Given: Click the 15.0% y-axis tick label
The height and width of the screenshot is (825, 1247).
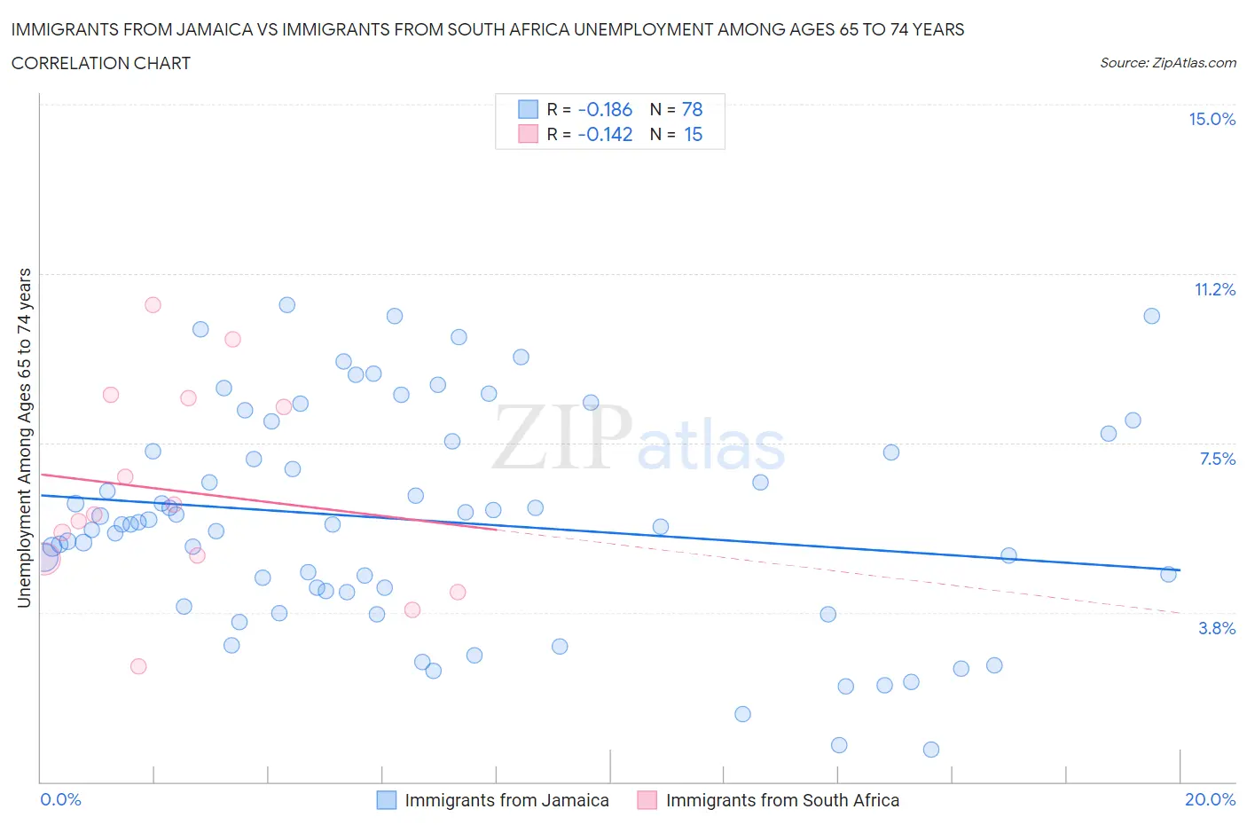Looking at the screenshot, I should [x=1212, y=120].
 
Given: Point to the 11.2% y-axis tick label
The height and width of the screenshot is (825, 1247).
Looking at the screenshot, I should [x=1214, y=290].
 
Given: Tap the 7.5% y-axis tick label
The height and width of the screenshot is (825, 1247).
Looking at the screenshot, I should [x=1217, y=460].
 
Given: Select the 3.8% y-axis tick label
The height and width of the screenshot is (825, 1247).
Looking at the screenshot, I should [x=1217, y=629].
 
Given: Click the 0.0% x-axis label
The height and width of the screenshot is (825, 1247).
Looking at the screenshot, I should [x=60, y=800].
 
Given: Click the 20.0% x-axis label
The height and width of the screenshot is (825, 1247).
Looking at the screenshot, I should [x=1210, y=800].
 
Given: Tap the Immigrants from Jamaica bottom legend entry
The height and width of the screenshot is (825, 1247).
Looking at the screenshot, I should [x=506, y=801].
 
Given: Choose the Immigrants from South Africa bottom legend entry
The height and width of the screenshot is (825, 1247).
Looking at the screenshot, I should [x=781, y=801].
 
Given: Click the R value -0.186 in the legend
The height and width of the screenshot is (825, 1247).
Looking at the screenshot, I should [x=605, y=110].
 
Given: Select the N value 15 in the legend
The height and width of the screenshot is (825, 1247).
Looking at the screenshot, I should [x=693, y=135].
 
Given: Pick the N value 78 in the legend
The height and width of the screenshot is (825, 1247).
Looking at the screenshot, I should [x=692, y=110].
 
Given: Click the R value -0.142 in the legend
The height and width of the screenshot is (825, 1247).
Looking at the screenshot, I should [x=605, y=135].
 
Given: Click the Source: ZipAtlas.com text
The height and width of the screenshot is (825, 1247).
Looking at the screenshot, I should [x=1167, y=63].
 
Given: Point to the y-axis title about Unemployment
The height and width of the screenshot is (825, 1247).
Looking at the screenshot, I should [x=24, y=438].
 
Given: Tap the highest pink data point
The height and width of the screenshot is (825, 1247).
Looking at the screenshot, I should [x=153, y=305].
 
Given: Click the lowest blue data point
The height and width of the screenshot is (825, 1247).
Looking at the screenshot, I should [x=930, y=750].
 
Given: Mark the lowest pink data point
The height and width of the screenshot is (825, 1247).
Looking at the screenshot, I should [x=138, y=666].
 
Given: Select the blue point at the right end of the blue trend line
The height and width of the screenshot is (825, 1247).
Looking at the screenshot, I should [x=1168, y=574].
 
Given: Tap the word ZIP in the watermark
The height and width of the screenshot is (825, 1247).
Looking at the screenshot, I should [x=561, y=436].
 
